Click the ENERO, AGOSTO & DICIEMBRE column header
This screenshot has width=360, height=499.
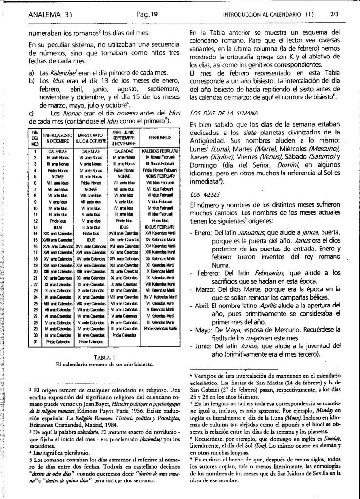[x=57, y=137]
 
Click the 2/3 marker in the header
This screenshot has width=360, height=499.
[x=334, y=14]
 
